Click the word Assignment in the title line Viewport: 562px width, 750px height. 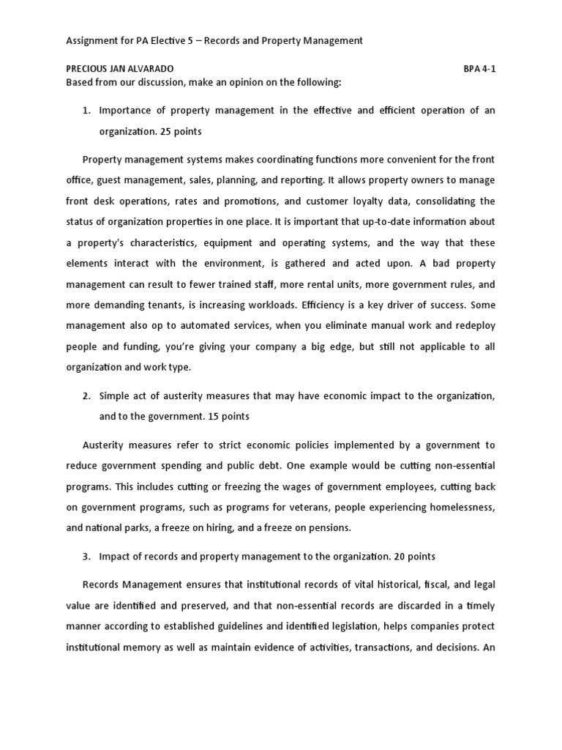point(91,41)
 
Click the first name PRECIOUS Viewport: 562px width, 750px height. point(89,69)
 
